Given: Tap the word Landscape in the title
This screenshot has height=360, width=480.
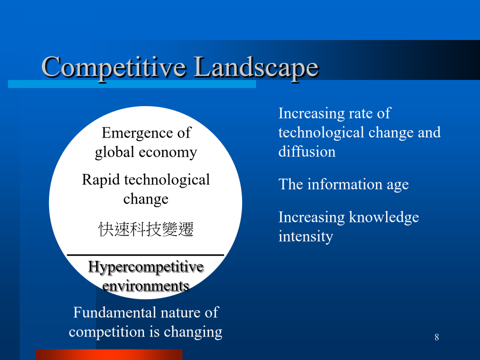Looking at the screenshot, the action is point(257,68).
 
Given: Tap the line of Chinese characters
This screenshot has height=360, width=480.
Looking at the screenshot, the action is point(146,229).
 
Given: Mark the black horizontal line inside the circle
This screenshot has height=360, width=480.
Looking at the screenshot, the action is point(146,255).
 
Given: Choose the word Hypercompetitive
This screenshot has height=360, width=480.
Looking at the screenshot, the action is point(146,267).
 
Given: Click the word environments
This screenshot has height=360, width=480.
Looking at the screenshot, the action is point(146,286).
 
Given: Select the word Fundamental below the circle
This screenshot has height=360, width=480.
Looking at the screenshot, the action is point(115,313).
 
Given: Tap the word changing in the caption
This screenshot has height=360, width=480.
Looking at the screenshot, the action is point(193,332).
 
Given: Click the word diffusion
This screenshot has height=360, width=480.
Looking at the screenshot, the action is point(307,151).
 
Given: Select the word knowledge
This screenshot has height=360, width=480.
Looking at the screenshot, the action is point(384,218).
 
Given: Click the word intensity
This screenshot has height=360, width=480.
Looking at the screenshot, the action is point(306,237).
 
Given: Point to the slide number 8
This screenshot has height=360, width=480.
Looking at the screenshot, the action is point(436,337).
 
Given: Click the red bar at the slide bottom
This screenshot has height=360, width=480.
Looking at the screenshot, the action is point(109,355).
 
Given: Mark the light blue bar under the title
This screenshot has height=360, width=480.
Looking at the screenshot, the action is point(132,84).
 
